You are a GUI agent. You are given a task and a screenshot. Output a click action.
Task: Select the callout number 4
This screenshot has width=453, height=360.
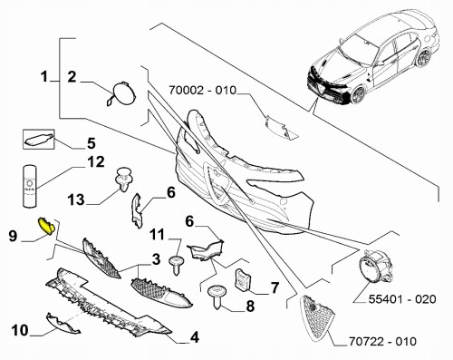point(194,340)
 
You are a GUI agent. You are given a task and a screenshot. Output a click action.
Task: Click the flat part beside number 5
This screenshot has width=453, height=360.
point(42,140)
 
